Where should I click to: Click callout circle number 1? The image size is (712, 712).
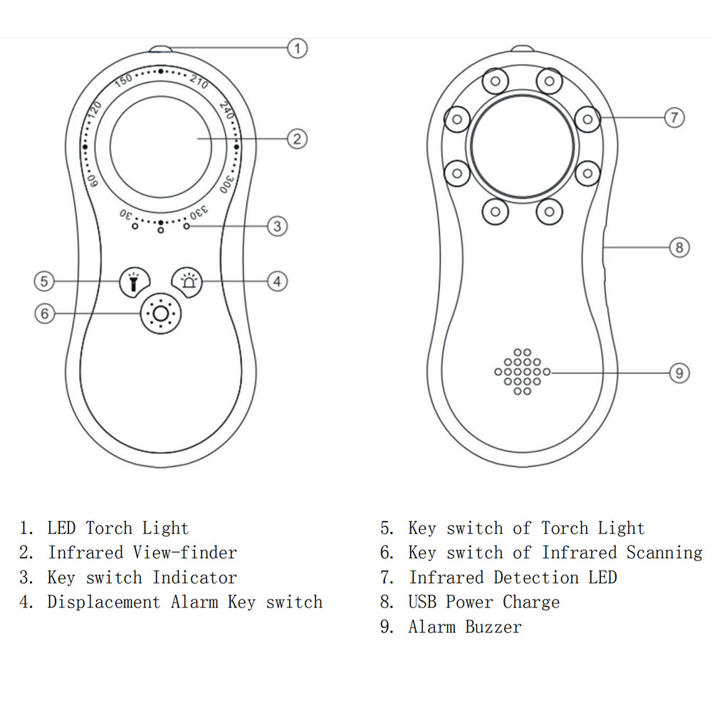click(298, 48)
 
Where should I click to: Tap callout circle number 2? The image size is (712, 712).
click(298, 138)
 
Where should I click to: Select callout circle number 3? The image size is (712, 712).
click(277, 226)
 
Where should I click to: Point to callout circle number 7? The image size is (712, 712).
click(674, 117)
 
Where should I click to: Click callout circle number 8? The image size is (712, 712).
click(679, 247)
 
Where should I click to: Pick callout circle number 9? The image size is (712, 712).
click(679, 372)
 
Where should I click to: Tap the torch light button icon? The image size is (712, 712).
click(133, 282)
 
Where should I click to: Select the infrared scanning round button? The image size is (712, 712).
click(160, 313)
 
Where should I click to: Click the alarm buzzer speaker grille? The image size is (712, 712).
click(522, 372)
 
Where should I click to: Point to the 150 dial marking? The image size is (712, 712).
click(123, 80)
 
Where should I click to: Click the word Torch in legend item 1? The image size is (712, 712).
click(109, 528)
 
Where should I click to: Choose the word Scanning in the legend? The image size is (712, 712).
click(664, 553)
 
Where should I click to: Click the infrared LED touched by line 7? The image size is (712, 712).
click(587, 119)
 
